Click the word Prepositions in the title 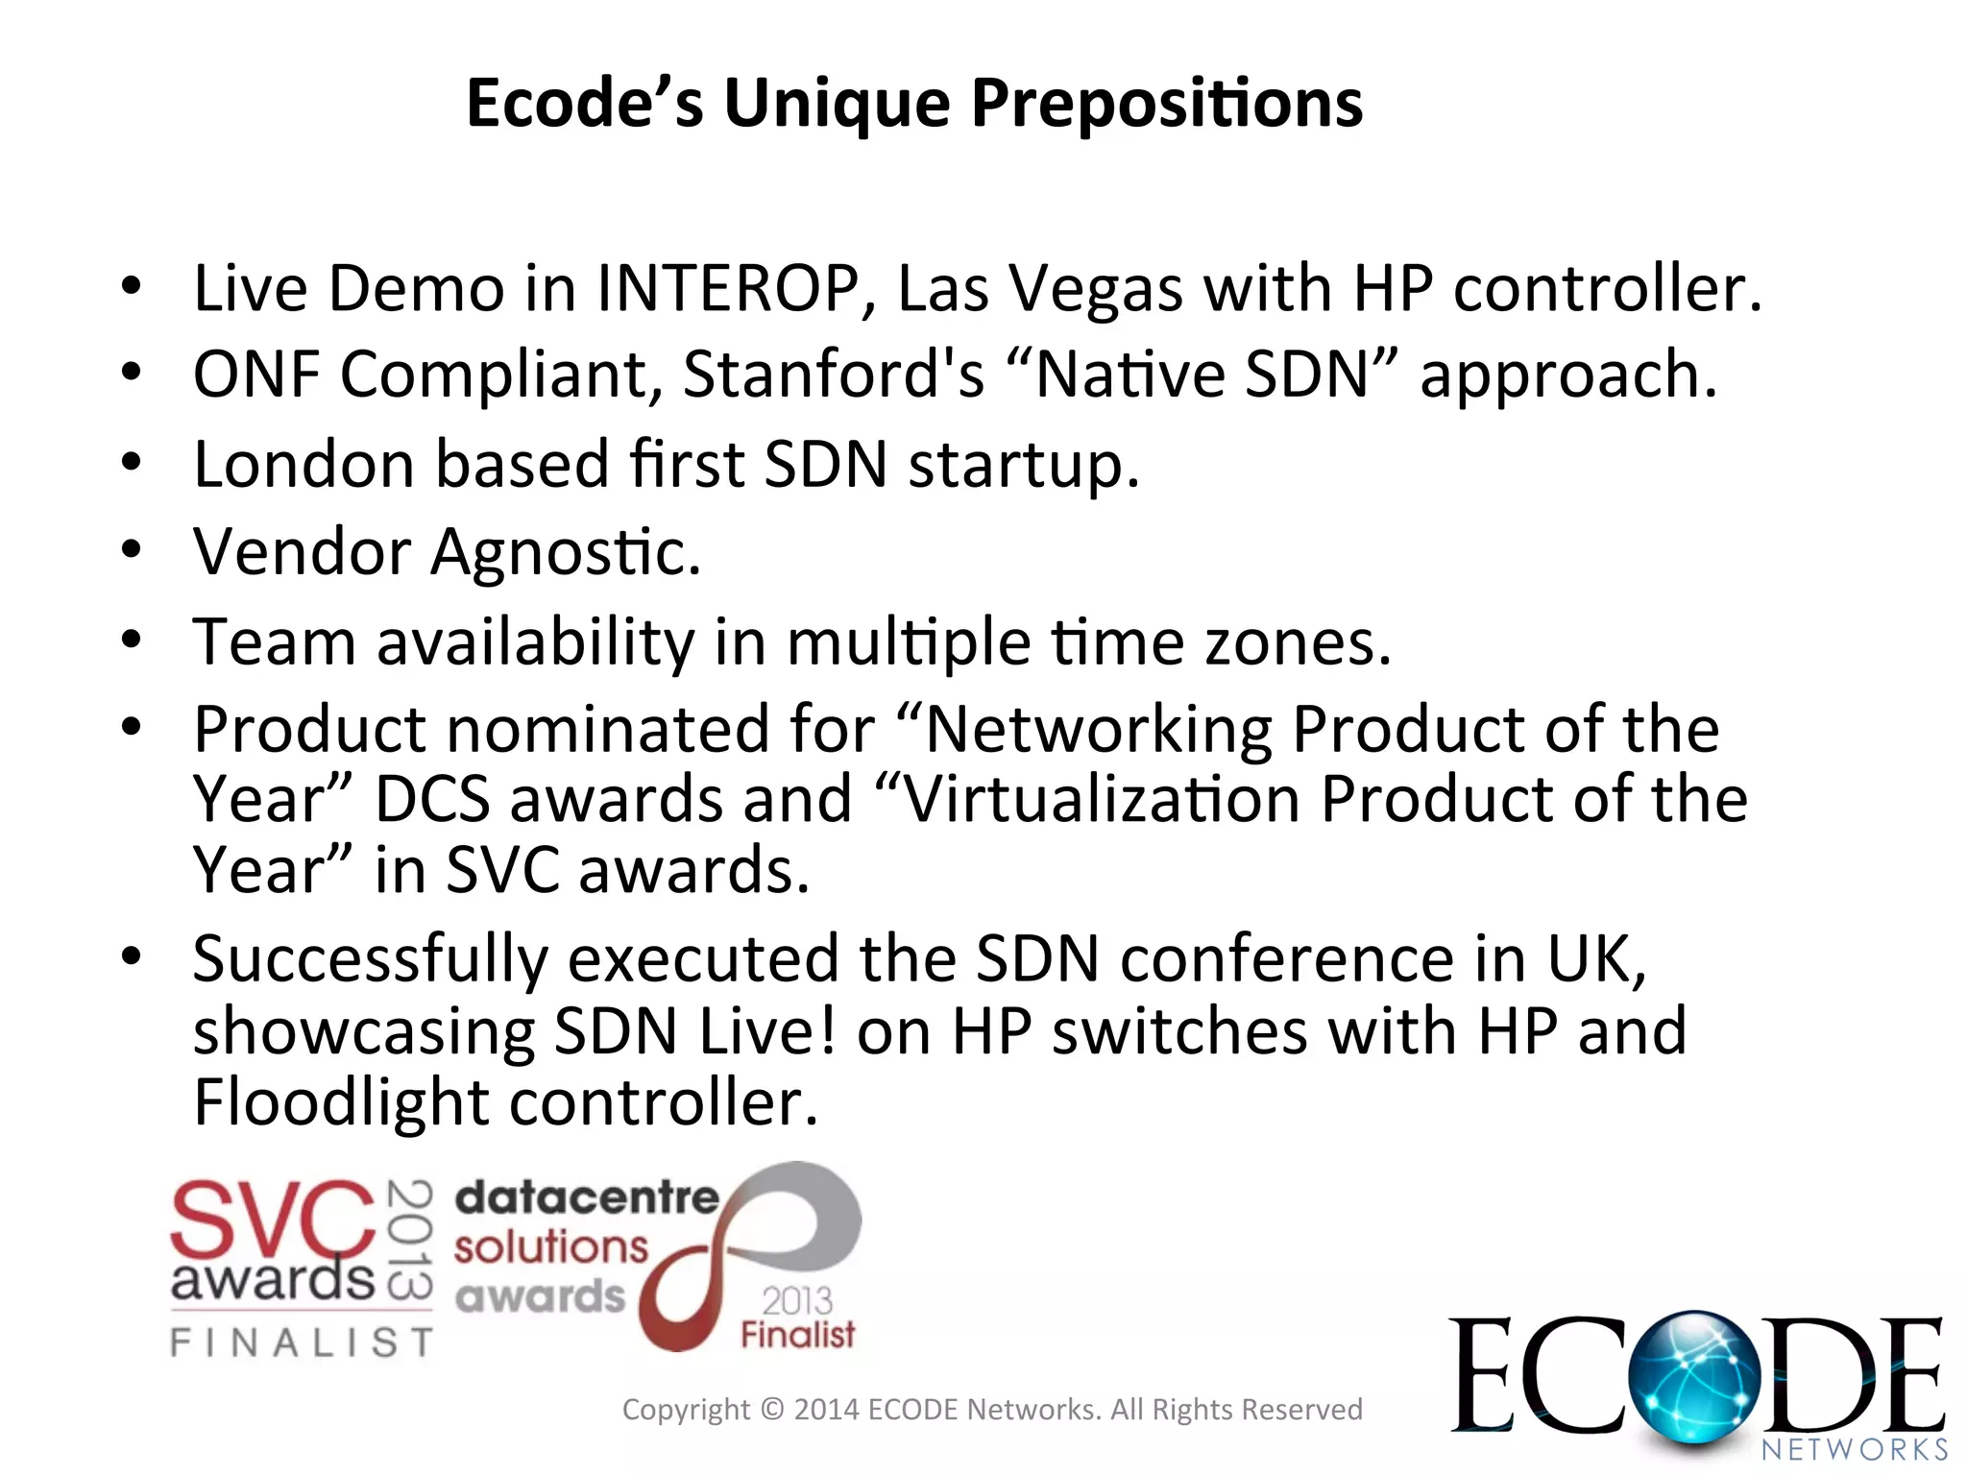point(1166,104)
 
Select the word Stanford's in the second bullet point(833,375)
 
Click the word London point(304,465)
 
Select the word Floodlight point(341,1102)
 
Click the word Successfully point(371,959)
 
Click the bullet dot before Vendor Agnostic point(132,550)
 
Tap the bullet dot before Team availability point(132,639)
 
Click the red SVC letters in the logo point(272,1220)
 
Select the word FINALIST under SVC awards point(302,1342)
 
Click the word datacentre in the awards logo point(586,1197)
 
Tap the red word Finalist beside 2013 point(797,1335)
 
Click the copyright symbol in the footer point(771,1410)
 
